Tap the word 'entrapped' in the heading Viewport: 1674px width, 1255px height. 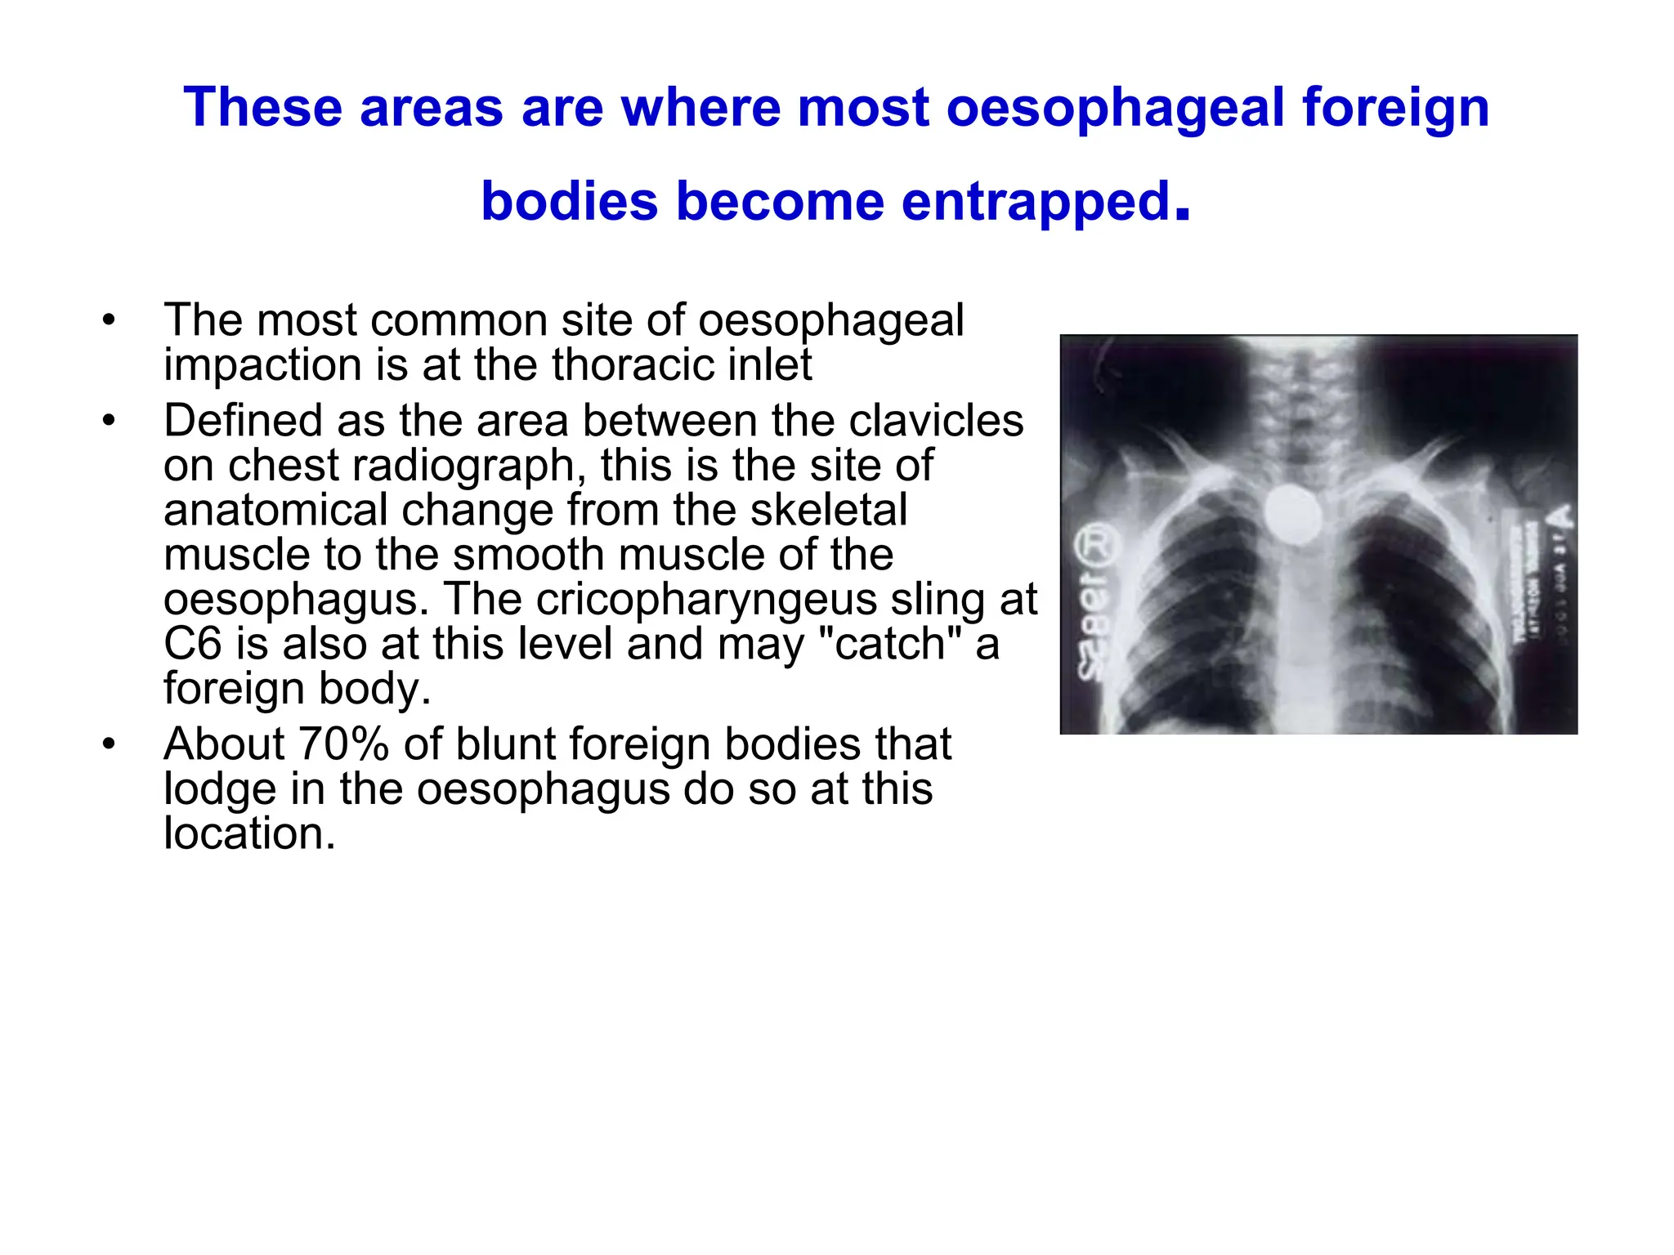point(1036,202)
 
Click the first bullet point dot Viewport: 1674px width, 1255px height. point(109,319)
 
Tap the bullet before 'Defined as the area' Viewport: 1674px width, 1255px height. point(109,421)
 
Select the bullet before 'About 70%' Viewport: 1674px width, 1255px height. point(109,744)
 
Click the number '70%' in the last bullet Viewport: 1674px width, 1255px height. point(342,744)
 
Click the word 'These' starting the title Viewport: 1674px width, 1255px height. point(262,108)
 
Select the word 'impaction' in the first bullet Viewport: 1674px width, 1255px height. point(262,364)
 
